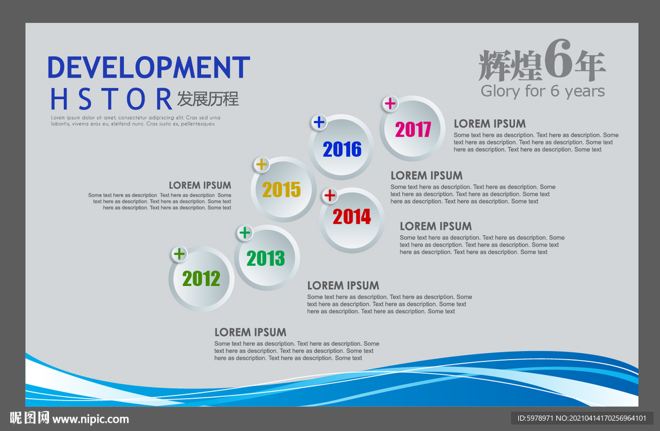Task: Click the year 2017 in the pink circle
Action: click(x=413, y=129)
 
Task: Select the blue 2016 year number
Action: click(x=342, y=149)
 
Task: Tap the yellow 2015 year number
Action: click(x=282, y=190)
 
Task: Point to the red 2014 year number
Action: click(x=352, y=216)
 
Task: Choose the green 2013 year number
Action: click(x=266, y=258)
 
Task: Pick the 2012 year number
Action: click(x=201, y=278)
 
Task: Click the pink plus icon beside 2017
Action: click(x=390, y=103)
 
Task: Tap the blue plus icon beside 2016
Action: click(x=319, y=122)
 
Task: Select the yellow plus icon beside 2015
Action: click(x=262, y=164)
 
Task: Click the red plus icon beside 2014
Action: click(x=329, y=195)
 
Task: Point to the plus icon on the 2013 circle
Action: click(x=244, y=233)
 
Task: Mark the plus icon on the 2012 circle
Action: click(x=179, y=254)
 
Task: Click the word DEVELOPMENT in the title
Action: click(x=149, y=68)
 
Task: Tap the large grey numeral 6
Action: click(x=558, y=59)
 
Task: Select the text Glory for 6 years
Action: click(x=543, y=91)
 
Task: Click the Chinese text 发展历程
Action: click(x=208, y=99)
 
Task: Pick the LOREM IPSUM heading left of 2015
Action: click(x=200, y=185)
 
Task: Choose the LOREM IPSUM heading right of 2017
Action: click(x=490, y=124)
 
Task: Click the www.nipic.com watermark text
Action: click(x=90, y=419)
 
